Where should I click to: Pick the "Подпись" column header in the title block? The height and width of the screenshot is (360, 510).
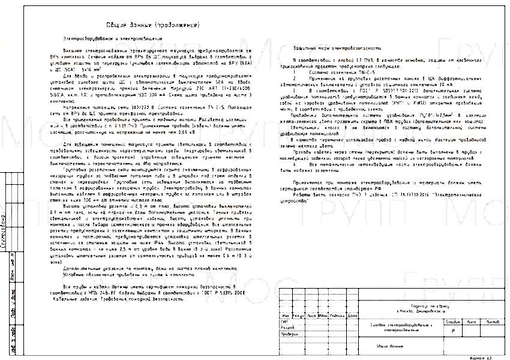click(x=336, y=316)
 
